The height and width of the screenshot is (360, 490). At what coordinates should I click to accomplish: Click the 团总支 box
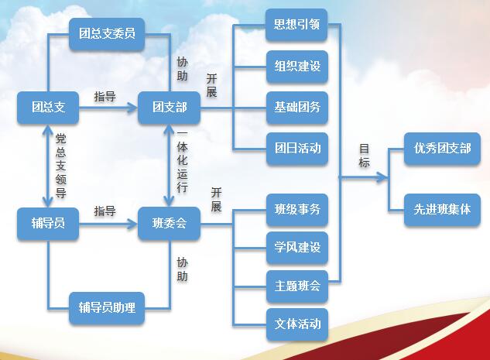(48, 108)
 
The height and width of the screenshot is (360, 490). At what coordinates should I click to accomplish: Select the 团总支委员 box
(107, 34)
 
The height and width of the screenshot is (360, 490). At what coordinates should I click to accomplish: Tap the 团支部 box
(169, 108)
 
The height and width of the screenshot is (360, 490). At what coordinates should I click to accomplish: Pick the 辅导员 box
(48, 224)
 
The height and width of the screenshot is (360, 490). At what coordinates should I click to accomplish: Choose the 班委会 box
(169, 224)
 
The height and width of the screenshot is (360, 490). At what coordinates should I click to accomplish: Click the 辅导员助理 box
(107, 308)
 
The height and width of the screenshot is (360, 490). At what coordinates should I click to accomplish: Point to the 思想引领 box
(296, 25)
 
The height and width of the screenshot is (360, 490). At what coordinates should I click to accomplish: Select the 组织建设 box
(297, 67)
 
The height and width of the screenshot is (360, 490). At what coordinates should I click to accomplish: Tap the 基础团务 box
(297, 108)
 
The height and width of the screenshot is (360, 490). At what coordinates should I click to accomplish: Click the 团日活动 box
(297, 149)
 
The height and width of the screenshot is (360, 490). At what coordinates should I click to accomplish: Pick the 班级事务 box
(297, 210)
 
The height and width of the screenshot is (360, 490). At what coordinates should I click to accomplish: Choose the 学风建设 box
(297, 248)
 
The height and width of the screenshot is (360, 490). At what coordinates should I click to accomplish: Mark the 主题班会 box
(297, 286)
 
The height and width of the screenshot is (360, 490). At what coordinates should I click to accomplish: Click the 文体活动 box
(297, 324)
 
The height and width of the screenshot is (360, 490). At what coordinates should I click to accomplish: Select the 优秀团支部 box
(442, 149)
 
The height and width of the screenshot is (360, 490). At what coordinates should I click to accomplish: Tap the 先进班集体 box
(442, 210)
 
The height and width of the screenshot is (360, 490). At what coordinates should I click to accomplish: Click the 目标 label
(364, 156)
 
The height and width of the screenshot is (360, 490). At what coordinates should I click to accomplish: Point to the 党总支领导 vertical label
(60, 166)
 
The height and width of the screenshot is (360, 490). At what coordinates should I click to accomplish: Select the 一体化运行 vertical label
(182, 162)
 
